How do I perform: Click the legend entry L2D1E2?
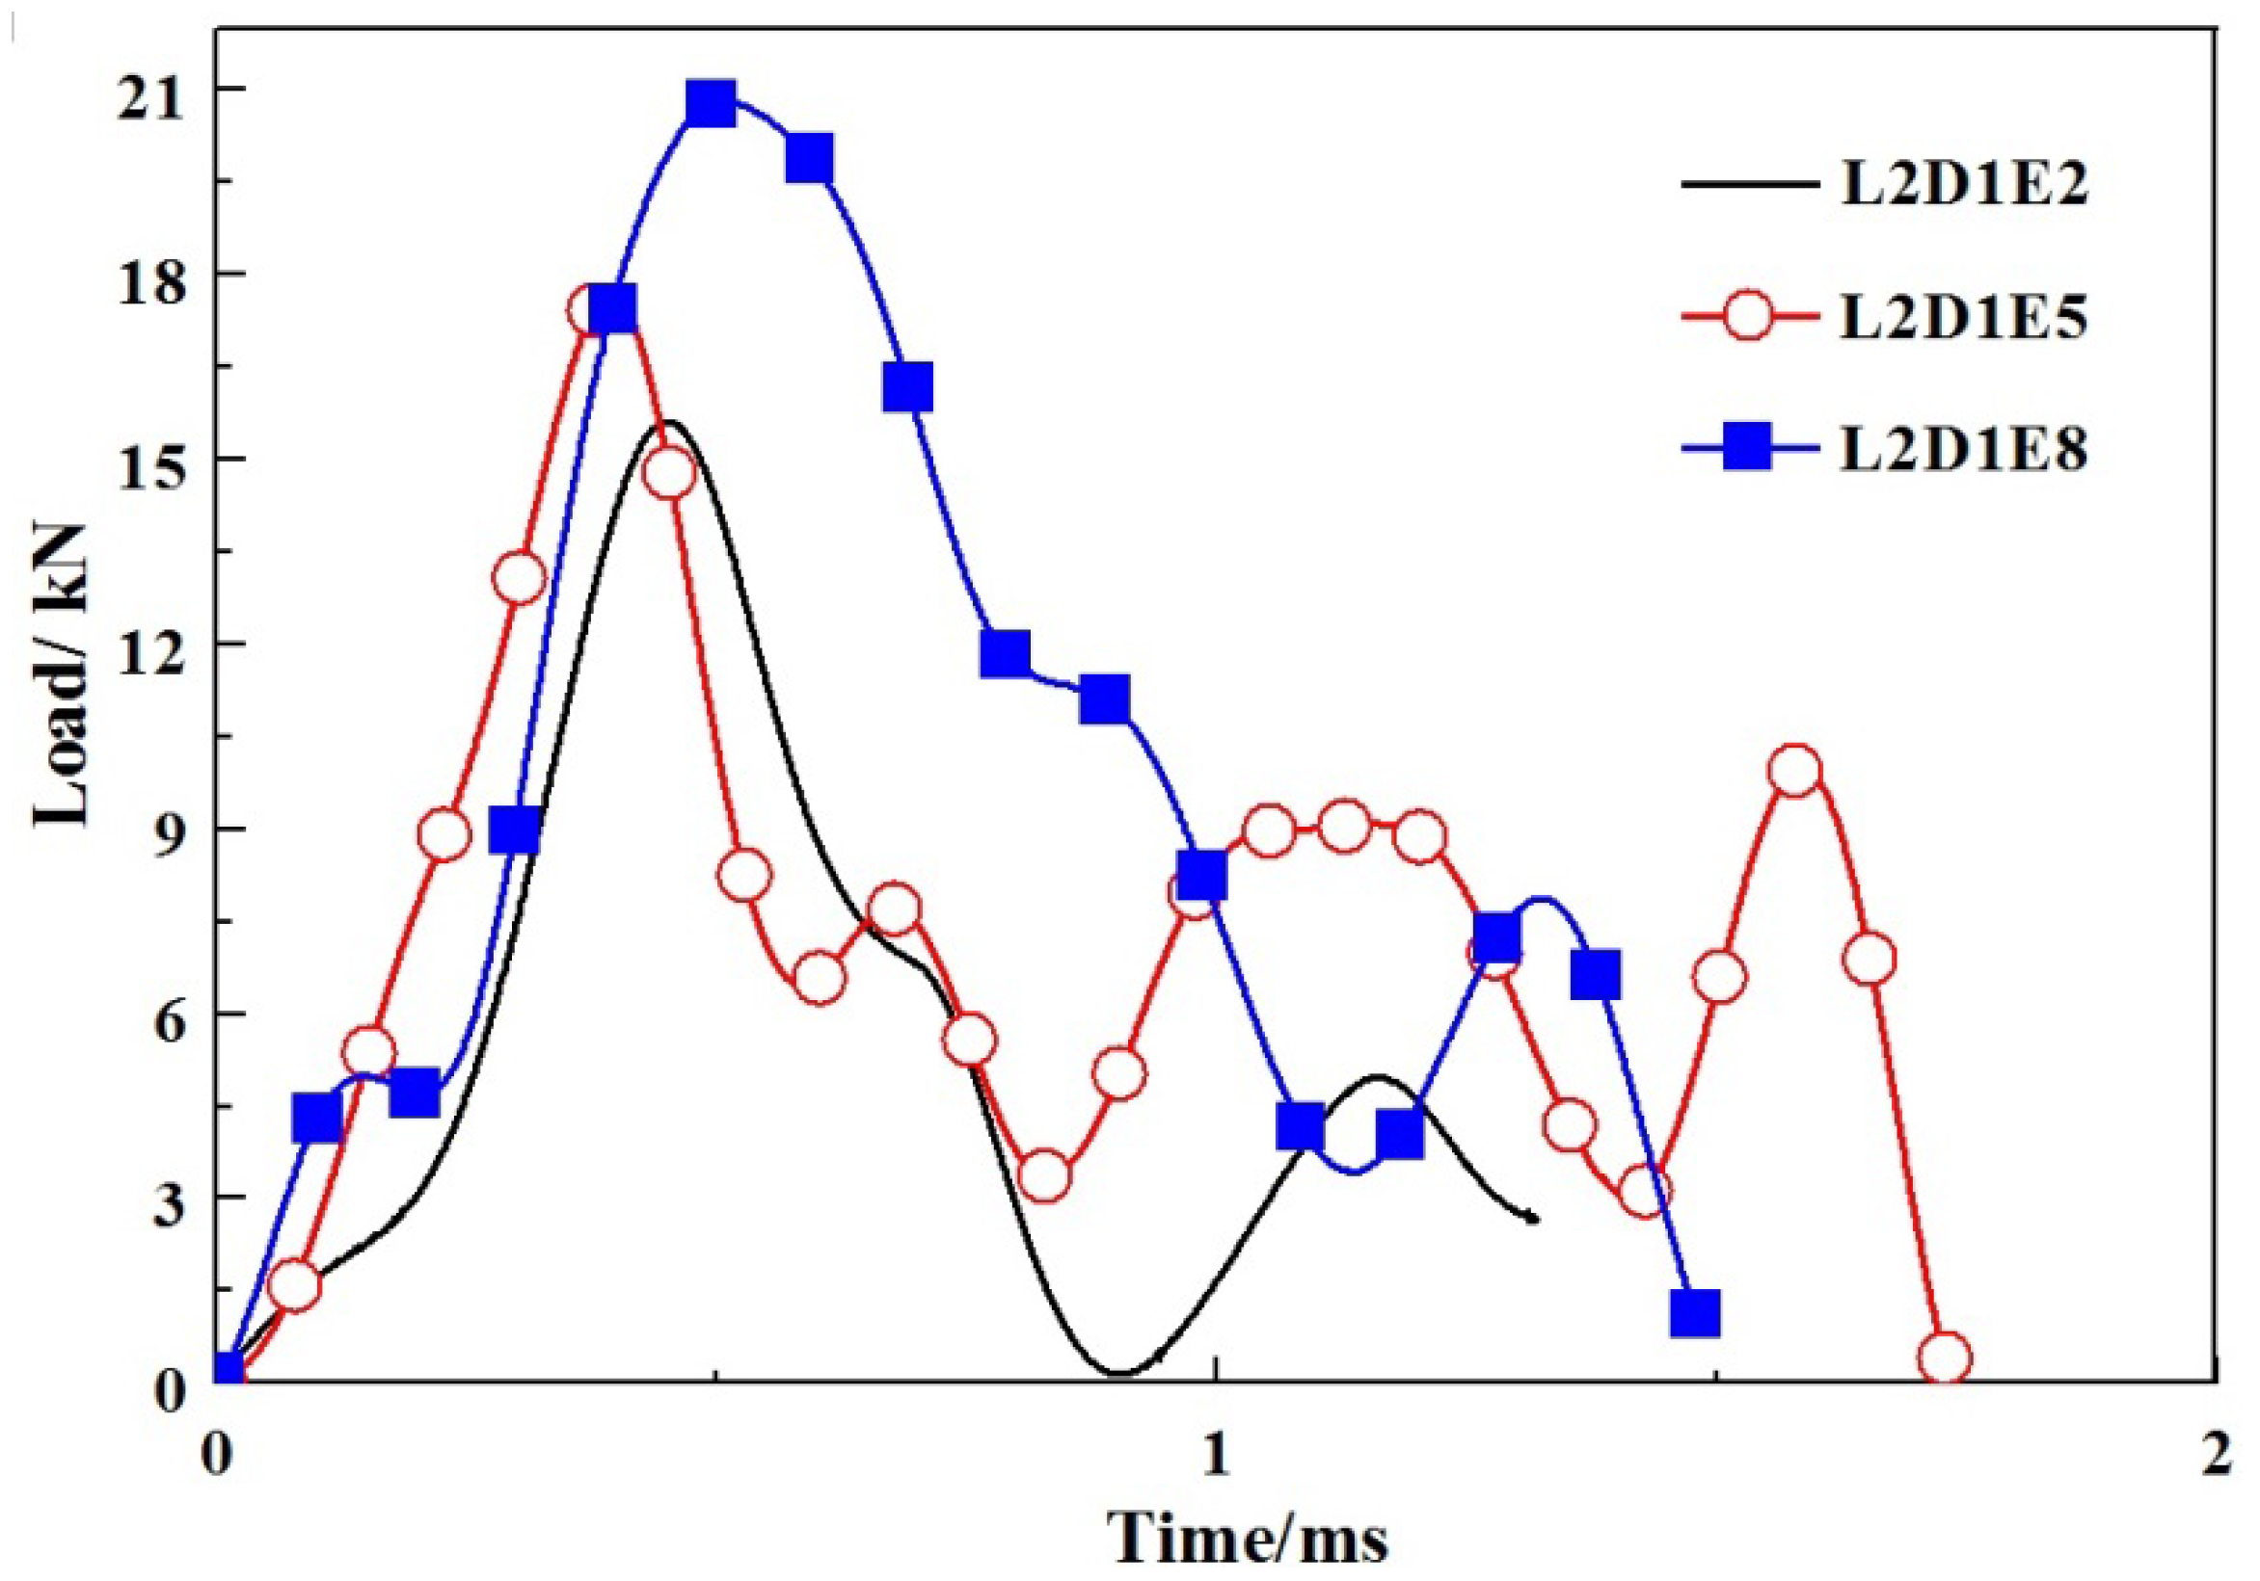1963,184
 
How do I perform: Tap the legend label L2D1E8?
1963,451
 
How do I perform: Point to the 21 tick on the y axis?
148,89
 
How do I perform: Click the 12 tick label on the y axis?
148,644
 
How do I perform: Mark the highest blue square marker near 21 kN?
712,103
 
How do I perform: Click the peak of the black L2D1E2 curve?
669,423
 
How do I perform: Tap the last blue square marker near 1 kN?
1695,1313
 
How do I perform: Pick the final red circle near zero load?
1945,1358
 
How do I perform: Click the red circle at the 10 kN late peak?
1794,771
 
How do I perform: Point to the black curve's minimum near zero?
1122,1374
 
